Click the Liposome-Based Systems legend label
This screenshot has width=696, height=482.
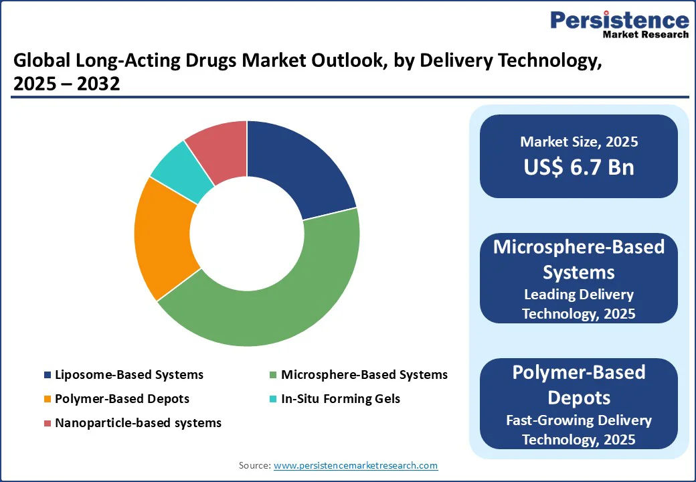pyautogui.click(x=129, y=375)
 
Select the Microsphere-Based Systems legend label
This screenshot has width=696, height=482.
pyautogui.click(x=364, y=375)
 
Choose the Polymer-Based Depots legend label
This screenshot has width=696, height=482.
pyautogui.click(x=122, y=399)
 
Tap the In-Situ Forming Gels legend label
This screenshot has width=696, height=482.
pyautogui.click(x=341, y=399)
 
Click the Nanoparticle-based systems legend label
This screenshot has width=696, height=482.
pyautogui.click(x=138, y=423)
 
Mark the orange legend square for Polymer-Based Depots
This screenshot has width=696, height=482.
pyautogui.click(x=47, y=399)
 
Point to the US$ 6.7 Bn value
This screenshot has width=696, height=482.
pyautogui.click(x=578, y=167)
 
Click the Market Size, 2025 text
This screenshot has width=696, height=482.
pyautogui.click(x=578, y=142)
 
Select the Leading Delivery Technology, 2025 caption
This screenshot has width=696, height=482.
pyautogui.click(x=578, y=304)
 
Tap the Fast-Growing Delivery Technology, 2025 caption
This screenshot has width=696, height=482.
pyautogui.click(x=578, y=430)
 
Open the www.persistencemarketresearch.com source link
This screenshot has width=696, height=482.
pyautogui.click(x=356, y=465)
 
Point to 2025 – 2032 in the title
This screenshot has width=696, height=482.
pyautogui.click(x=66, y=84)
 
